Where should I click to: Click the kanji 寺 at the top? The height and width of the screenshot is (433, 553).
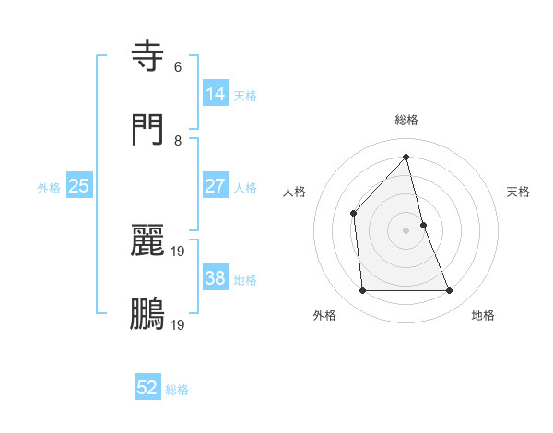(x=148, y=56)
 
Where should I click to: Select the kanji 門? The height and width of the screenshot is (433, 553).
(x=148, y=130)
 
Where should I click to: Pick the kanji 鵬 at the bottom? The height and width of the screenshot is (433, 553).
(x=148, y=314)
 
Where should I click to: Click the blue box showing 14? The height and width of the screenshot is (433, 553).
(x=216, y=94)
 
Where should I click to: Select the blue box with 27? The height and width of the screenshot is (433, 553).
(x=216, y=186)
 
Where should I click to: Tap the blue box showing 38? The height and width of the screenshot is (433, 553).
(x=216, y=278)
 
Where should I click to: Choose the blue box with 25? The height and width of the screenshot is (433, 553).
(x=79, y=186)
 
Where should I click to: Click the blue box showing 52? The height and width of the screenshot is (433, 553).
(x=147, y=389)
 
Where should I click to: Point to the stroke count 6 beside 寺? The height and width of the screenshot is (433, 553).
(x=178, y=67)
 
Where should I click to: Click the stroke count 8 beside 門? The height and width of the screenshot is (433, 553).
(x=178, y=141)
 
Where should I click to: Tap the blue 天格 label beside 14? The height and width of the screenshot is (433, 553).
(x=245, y=96)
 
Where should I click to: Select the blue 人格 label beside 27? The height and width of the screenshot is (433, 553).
(x=245, y=188)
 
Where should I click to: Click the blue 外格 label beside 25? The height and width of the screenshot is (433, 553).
(x=49, y=188)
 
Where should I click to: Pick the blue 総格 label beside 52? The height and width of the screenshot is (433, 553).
(x=177, y=391)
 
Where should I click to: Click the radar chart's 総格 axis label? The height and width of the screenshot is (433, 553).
(x=406, y=120)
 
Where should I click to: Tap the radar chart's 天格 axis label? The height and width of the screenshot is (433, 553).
(x=518, y=192)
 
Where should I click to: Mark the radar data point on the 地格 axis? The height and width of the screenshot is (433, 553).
(x=450, y=291)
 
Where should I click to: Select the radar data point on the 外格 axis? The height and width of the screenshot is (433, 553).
(x=362, y=291)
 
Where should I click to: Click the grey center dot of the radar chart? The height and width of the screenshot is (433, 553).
(x=406, y=230)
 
